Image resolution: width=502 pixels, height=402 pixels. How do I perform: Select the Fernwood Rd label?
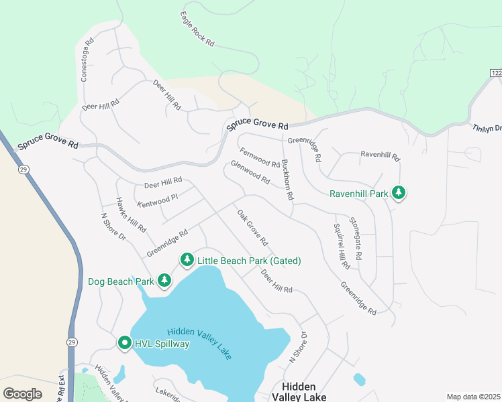[259, 158]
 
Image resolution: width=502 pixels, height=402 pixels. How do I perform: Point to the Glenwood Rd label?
[250, 172]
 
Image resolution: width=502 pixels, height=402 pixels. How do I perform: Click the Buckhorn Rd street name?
[287, 180]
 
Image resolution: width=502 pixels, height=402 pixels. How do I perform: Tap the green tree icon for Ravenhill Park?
[399, 194]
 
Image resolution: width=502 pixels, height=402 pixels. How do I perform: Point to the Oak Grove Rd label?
[252, 227]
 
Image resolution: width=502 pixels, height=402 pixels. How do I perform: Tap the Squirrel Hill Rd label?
[342, 245]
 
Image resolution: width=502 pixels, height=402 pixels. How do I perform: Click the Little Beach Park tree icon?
[187, 260]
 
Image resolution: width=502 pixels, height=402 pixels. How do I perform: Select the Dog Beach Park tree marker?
[164, 281]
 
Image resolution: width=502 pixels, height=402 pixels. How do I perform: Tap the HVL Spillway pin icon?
[124, 343]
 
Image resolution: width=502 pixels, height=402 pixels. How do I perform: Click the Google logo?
[22, 393]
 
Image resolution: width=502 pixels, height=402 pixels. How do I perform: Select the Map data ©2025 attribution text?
[472, 397]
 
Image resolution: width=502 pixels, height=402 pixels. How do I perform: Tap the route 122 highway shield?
[495, 72]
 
